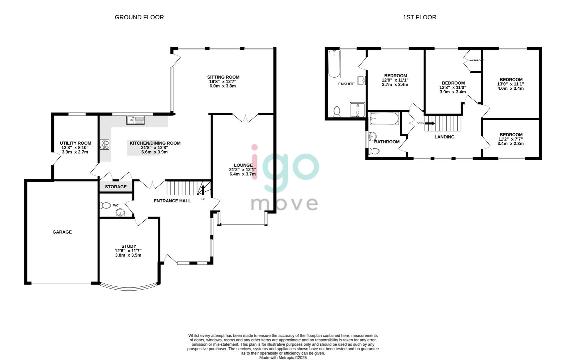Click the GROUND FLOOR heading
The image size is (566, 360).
click(139, 17)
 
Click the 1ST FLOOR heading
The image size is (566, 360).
click(419, 17)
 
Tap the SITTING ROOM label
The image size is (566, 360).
click(223, 77)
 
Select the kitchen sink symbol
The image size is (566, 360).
click(135, 120)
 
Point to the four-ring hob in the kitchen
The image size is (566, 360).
click(105, 145)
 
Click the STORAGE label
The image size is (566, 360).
click(116, 187)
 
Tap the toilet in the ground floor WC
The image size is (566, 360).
click(105, 205)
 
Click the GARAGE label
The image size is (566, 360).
click(62, 232)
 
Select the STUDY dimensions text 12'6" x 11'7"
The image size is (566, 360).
click(128, 251)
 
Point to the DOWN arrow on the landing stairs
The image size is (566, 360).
click(430, 123)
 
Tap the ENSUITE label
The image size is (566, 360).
click(346, 84)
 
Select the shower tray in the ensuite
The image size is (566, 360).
click(358, 110)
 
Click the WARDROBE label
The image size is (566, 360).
click(476, 60)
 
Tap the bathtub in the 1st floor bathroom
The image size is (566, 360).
click(384, 118)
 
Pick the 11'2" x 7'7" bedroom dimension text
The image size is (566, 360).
click(511, 139)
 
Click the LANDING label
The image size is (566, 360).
click(444, 137)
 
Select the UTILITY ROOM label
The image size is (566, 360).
click(75, 143)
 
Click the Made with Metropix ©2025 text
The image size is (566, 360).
click(283, 358)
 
